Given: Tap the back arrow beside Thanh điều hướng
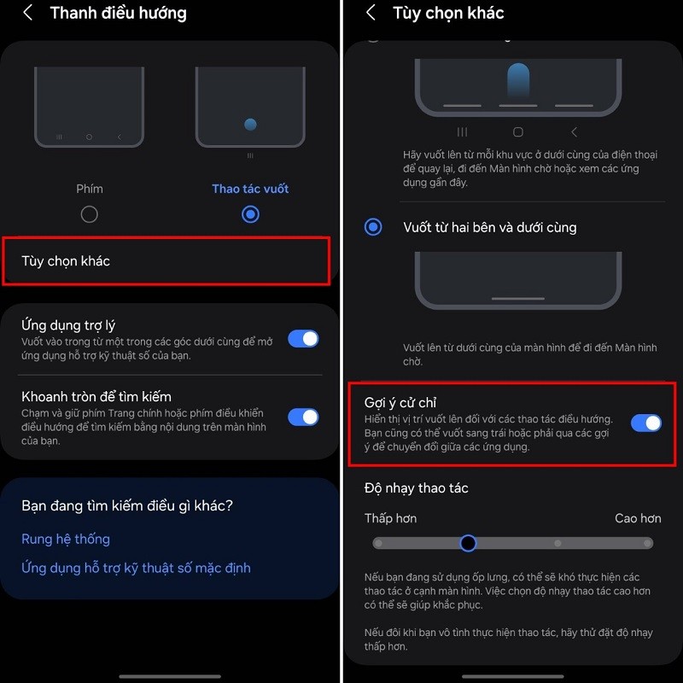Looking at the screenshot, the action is [28, 13].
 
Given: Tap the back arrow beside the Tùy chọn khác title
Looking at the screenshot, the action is [371, 13].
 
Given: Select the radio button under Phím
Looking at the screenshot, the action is [90, 214].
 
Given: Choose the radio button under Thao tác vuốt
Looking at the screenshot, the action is [250, 214].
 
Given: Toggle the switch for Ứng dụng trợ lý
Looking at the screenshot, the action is [303, 339].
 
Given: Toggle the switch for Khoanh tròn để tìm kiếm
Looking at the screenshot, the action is [303, 417].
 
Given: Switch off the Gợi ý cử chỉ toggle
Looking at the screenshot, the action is [646, 423].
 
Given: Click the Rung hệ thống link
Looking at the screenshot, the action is [66, 540].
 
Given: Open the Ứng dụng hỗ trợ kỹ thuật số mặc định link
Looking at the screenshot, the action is [136, 568].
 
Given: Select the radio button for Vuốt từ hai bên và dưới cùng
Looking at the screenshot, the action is [373, 227].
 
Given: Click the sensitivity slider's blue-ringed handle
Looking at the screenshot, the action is [468, 543].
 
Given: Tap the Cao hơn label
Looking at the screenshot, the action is [638, 518].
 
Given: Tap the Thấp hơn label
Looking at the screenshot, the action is [390, 518].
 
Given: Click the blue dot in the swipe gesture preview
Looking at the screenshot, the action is [250, 125].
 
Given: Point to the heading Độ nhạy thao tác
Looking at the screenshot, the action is [416, 488].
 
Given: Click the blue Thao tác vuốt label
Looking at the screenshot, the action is [250, 189].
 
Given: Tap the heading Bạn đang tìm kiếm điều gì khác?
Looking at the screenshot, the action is [127, 505].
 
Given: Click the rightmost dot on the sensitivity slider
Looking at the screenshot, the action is [648, 543].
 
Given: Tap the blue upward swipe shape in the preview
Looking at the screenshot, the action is [518, 80].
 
